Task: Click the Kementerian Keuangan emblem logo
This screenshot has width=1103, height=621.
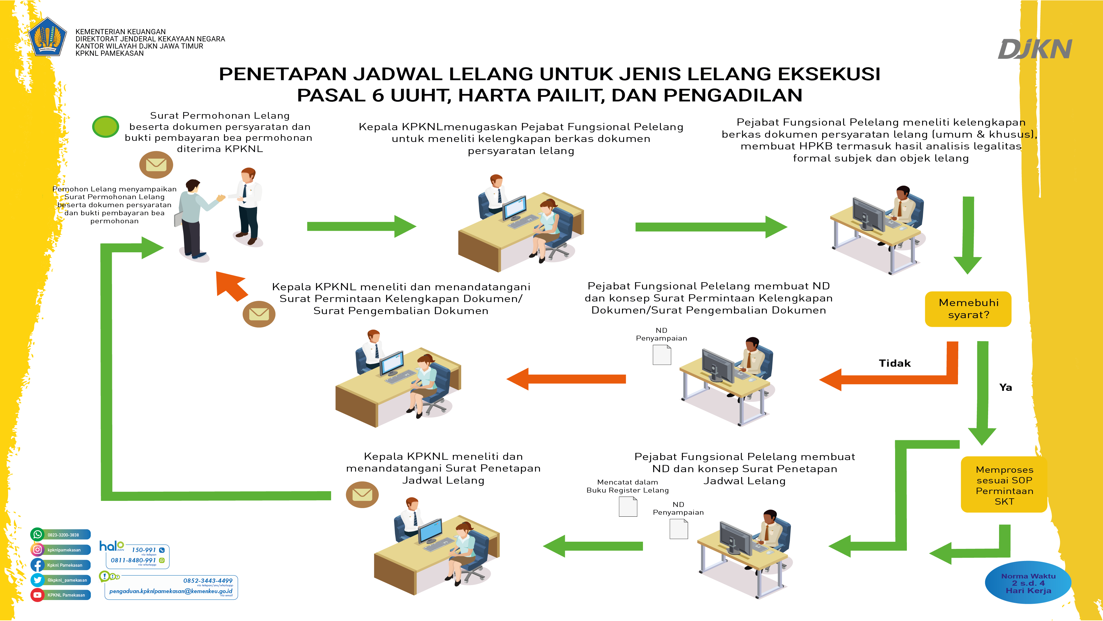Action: pos(48,37)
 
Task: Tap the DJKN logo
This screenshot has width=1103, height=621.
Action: pos(1034,49)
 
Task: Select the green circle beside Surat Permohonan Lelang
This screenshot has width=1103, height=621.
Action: pos(105,127)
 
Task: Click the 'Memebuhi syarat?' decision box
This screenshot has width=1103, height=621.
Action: pos(968,309)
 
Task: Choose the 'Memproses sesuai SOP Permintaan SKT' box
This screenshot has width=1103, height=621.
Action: pos(1004,485)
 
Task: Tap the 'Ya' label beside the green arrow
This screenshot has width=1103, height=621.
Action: pos(1005,387)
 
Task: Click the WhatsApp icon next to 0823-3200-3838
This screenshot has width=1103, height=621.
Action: pos(38,535)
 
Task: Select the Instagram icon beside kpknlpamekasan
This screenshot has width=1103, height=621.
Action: pos(38,549)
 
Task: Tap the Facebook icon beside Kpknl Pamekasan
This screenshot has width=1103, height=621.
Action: pos(38,565)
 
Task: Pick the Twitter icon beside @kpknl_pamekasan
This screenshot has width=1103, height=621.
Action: pos(38,580)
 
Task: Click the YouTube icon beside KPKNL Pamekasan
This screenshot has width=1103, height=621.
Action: pos(38,595)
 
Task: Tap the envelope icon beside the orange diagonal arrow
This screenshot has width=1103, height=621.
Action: pos(259,314)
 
